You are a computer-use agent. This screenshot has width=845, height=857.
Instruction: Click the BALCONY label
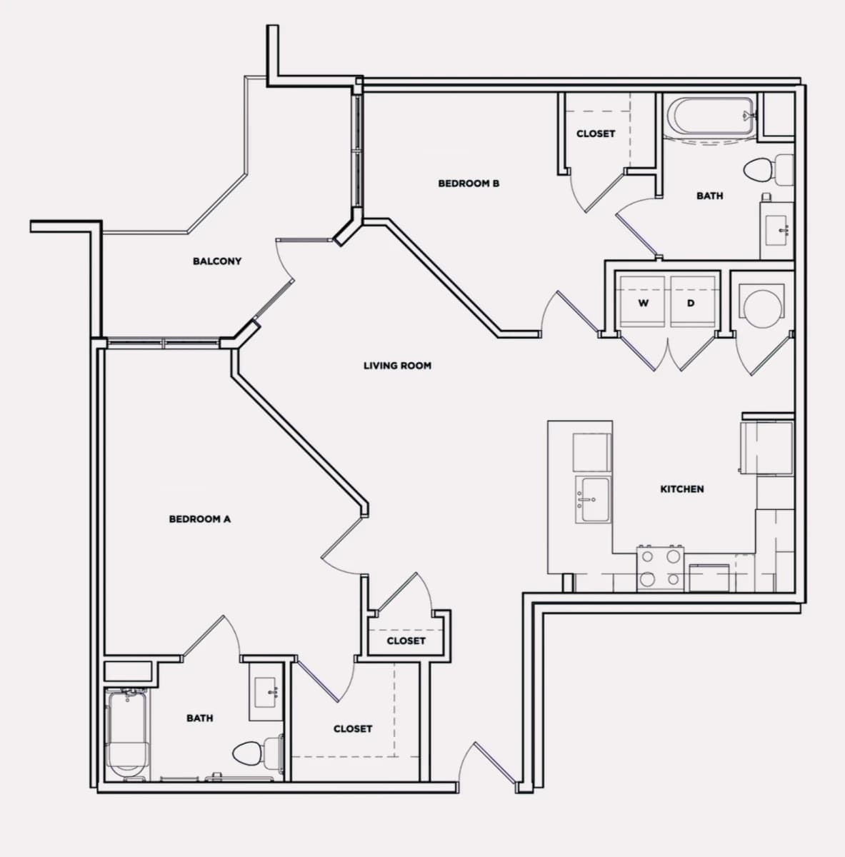pos(216,261)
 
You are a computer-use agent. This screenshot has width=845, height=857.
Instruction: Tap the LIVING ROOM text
pos(397,366)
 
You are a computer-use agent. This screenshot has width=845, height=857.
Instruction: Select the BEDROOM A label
pos(200,519)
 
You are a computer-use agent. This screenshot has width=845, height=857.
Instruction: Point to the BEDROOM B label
pos(469,184)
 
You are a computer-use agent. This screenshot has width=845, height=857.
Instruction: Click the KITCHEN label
pos(681,489)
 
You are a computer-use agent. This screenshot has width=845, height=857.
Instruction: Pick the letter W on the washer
pos(643,303)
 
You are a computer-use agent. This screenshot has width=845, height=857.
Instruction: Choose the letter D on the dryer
pos(691,303)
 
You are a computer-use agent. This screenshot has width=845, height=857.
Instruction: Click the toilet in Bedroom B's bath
pos(769,170)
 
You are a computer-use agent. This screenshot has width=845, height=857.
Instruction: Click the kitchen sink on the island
pos(592,499)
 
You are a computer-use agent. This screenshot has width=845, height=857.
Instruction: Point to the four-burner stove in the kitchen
pos(660,568)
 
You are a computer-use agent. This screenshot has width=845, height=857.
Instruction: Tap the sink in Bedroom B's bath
pos(776,231)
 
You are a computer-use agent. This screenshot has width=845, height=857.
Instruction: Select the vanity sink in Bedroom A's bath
pos(266,693)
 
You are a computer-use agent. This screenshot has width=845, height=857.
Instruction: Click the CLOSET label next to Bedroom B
pos(596,134)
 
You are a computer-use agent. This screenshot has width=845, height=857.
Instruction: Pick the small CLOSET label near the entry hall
pos(406,641)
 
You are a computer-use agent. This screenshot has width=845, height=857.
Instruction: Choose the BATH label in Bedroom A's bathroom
pos(200,718)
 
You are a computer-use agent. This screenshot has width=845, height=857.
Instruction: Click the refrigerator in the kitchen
pos(766,448)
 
